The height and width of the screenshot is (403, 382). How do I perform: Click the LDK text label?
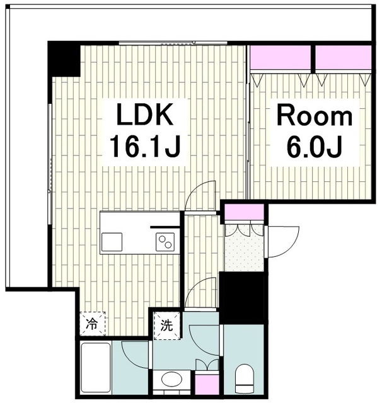[x=144, y=114]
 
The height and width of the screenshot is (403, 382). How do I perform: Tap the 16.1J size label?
[x=144, y=147]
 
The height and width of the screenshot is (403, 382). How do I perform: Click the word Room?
[x=314, y=116]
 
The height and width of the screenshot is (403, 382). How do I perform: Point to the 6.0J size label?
[x=314, y=147]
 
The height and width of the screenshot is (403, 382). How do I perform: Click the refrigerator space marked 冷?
[x=93, y=324]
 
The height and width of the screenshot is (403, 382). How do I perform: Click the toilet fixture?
[x=244, y=378]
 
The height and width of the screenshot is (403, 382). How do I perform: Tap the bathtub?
[x=96, y=368]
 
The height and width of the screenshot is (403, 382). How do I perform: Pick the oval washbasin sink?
[x=172, y=379]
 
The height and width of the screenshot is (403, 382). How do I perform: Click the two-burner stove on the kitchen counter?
[x=165, y=242]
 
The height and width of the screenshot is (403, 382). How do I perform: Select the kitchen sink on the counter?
[x=112, y=242]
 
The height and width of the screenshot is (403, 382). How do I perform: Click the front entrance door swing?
[x=283, y=242]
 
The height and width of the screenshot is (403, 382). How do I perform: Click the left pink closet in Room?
[x=280, y=57]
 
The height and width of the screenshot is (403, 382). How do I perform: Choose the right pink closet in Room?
[x=343, y=57]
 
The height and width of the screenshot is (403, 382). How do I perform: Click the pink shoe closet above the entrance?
[x=245, y=212]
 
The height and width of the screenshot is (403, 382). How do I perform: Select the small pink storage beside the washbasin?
[x=207, y=385]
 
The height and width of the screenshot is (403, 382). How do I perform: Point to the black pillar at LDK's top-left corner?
[x=64, y=59]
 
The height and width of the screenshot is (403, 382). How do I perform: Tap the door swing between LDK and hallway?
[x=200, y=196]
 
